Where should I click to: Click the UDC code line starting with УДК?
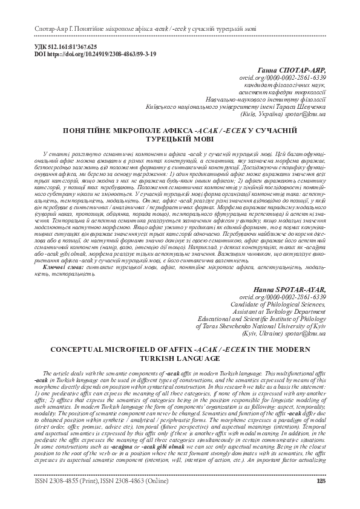pos(63,47)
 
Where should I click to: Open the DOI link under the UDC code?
pos(91,54)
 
